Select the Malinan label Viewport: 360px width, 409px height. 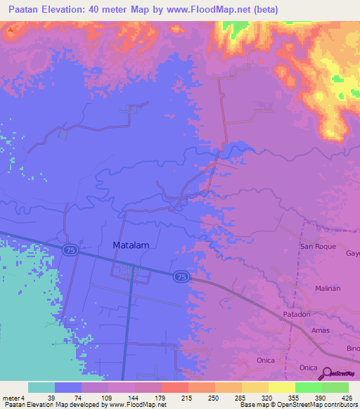pos(328,288)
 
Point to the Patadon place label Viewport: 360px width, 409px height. pos(297,315)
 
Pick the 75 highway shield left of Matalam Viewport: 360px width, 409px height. pos(69,250)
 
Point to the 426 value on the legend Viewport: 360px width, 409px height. pos(345,397)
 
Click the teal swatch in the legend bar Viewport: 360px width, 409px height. pos(41,387)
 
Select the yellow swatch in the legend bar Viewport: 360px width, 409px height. pos(255,387)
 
